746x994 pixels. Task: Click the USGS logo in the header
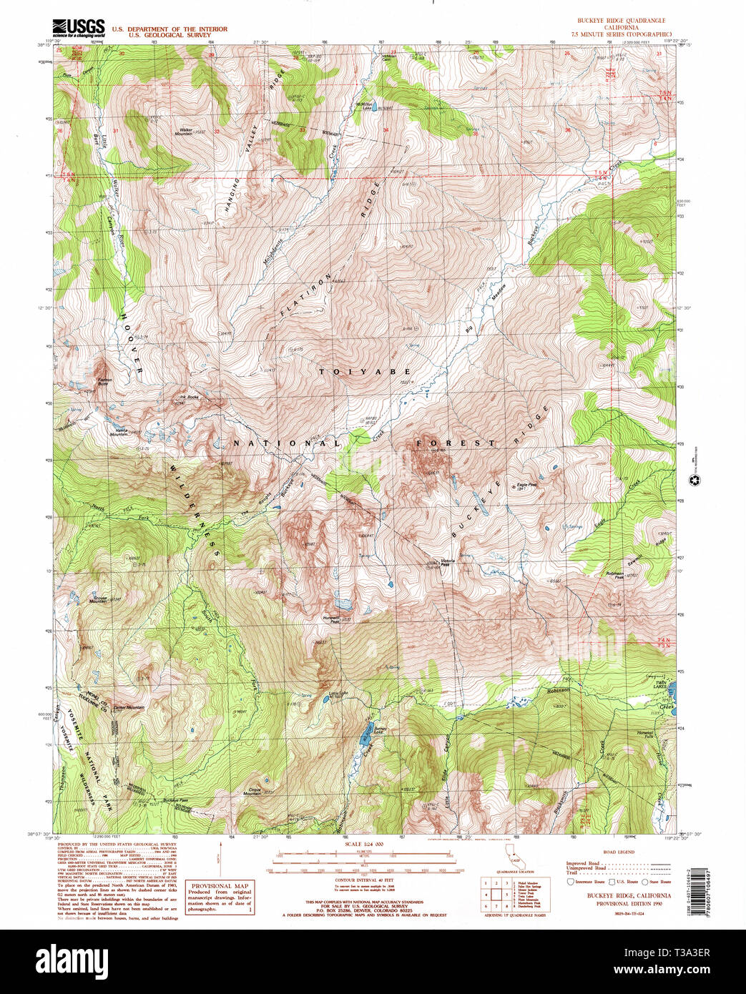79,28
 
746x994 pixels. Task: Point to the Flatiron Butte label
105,383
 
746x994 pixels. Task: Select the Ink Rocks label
189,397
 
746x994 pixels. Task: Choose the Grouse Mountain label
98,599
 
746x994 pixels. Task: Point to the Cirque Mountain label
252,791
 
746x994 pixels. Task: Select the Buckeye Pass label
175,799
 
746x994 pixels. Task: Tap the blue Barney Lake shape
365,733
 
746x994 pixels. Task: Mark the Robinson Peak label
614,576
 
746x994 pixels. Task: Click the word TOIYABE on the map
365,372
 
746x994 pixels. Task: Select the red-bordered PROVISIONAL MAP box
220,897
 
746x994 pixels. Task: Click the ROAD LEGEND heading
618,852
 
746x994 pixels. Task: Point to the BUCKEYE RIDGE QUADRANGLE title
617,21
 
